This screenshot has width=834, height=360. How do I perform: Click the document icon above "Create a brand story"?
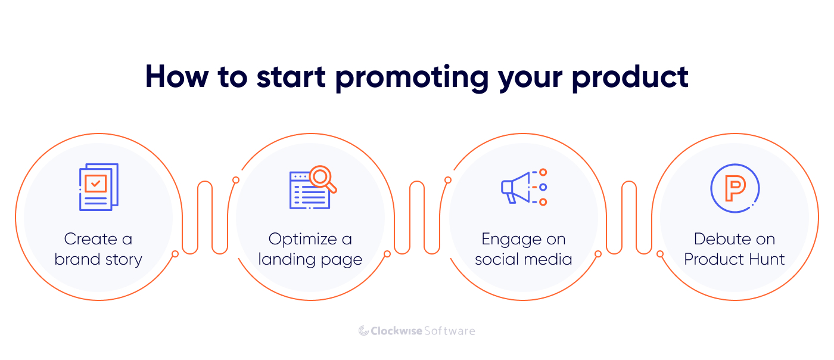point(98,187)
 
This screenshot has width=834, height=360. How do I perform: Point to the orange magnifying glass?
point(322,179)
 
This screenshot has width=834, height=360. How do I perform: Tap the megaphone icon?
point(516,188)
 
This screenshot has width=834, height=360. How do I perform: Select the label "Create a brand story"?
point(98,249)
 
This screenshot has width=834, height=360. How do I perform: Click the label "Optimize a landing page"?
point(310,249)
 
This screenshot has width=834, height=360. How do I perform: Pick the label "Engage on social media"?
point(523,249)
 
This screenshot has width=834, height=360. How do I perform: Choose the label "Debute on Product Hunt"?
point(735,249)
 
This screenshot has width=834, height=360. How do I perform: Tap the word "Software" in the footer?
point(450,331)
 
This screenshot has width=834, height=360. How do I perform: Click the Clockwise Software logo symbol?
point(363,331)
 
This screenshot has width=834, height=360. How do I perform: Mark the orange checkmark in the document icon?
point(96,183)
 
